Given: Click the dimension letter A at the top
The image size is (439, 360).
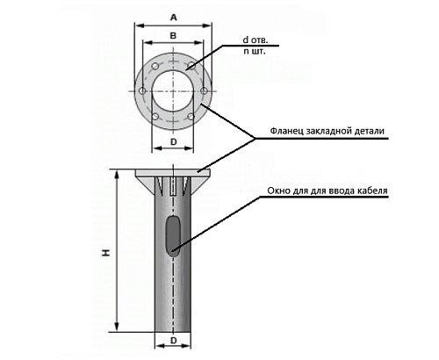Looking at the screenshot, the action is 174,18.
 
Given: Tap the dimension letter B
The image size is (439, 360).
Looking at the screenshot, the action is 173,36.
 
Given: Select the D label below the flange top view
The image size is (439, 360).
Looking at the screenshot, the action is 174,142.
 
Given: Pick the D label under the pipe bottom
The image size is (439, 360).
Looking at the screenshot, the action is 174,341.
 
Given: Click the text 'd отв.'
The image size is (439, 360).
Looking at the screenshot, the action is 255,40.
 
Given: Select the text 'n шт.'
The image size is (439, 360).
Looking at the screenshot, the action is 255,51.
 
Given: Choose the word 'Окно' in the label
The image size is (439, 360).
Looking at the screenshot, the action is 277,191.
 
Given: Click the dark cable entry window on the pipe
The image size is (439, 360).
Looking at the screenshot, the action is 173,236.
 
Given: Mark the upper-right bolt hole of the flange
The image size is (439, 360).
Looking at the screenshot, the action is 191,65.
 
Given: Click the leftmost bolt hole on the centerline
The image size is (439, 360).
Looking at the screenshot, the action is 142,90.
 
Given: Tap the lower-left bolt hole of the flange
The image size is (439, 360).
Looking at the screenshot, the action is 155,117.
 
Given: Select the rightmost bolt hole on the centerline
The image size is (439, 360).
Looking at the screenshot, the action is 204,90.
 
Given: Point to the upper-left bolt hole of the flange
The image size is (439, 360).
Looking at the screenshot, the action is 155,66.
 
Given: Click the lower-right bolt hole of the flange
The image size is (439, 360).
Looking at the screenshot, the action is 191,117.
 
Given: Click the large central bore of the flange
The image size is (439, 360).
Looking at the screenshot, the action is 173,91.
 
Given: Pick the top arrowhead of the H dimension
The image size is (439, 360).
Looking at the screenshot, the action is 117,175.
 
